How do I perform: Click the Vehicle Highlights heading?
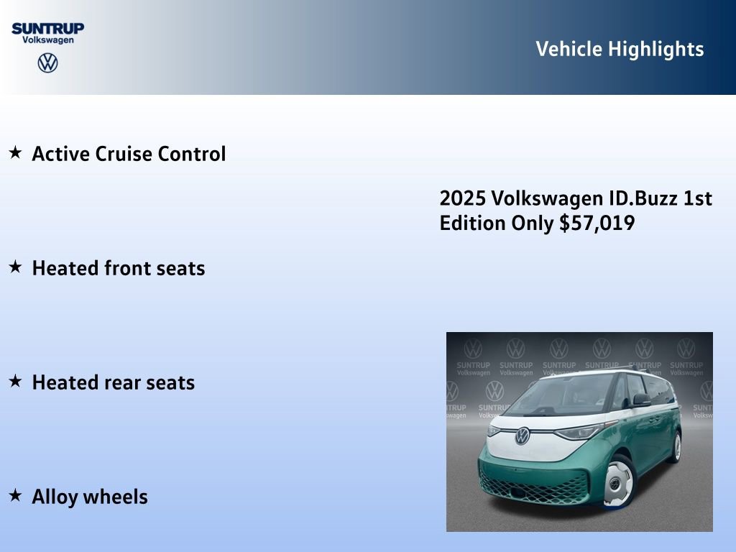[x=620, y=49]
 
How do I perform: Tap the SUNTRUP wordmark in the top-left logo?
[x=47, y=28]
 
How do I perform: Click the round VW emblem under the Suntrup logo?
[x=47, y=63]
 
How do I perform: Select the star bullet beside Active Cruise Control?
[x=14, y=152]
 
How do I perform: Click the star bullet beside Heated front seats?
[x=14, y=267]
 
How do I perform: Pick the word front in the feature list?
[x=129, y=268]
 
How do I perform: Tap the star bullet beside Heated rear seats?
[x=14, y=381]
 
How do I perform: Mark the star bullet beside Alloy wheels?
[x=14, y=495]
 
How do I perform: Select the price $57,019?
[x=597, y=223]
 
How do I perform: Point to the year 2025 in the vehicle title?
[x=460, y=198]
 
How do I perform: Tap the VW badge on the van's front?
[x=523, y=436]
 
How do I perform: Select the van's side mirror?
[x=642, y=400]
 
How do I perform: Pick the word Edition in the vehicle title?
[x=473, y=223]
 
